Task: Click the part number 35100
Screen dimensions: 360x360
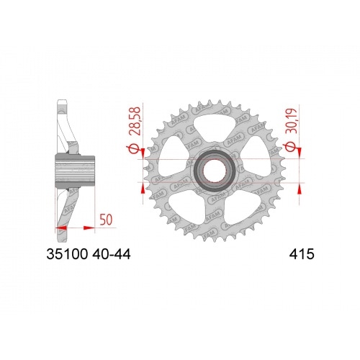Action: click(x=67, y=254)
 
